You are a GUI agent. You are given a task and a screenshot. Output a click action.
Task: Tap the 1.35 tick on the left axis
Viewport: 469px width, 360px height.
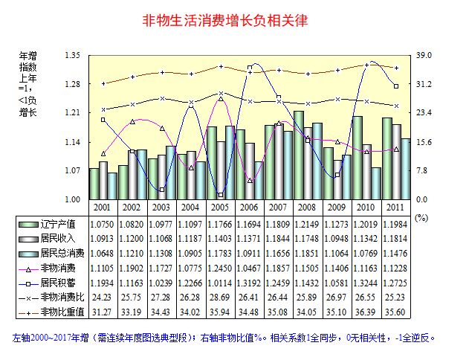click(72, 56)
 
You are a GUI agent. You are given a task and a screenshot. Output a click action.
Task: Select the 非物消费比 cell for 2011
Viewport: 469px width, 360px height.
click(392, 297)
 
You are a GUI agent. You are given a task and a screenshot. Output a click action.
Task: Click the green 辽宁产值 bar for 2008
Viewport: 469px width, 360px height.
click(298, 155)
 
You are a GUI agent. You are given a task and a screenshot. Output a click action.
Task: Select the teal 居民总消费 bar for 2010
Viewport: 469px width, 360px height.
click(376, 183)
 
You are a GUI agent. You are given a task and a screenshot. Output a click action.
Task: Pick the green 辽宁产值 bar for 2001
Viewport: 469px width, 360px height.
click(94, 184)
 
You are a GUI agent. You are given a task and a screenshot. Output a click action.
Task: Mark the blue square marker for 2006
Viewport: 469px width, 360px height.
click(250, 68)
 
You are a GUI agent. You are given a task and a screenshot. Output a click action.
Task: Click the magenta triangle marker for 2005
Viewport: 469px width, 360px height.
click(220, 99)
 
